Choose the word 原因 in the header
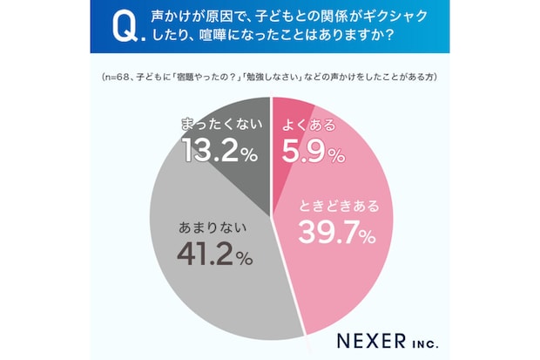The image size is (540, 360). coord(224,17)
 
